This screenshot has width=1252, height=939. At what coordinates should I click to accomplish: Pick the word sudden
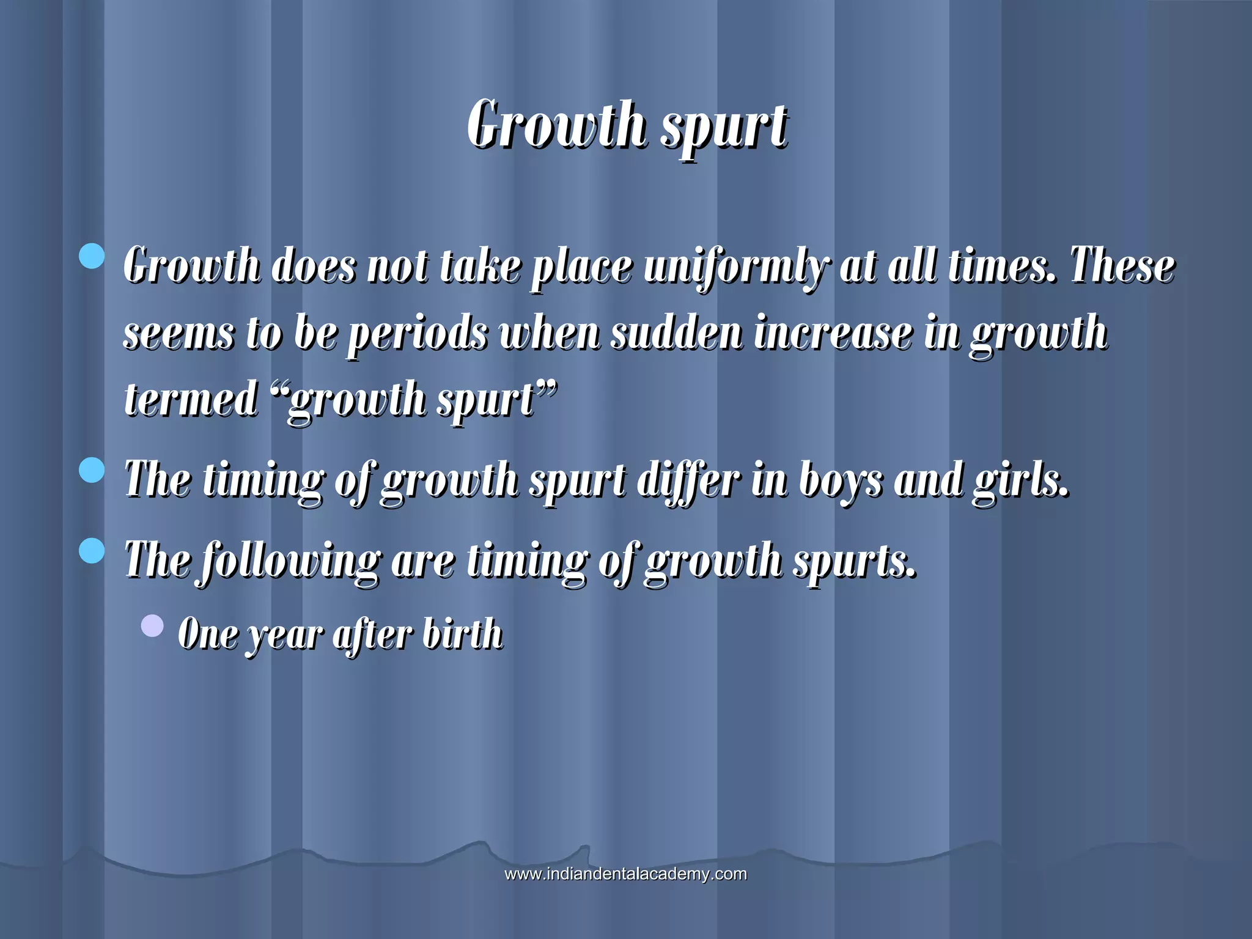676,333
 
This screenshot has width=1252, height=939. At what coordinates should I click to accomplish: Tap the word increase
833,333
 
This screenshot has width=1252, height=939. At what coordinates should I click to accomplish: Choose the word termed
191,399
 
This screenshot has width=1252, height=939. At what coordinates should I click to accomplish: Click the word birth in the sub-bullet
462,633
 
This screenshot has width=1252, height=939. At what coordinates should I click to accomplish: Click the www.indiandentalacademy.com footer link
625,874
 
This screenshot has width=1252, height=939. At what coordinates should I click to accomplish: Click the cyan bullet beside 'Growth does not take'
92,256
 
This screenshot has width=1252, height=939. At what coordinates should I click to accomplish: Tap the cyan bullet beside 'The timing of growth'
92,471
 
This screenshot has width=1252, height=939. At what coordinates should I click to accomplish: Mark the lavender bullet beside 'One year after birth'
152,625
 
